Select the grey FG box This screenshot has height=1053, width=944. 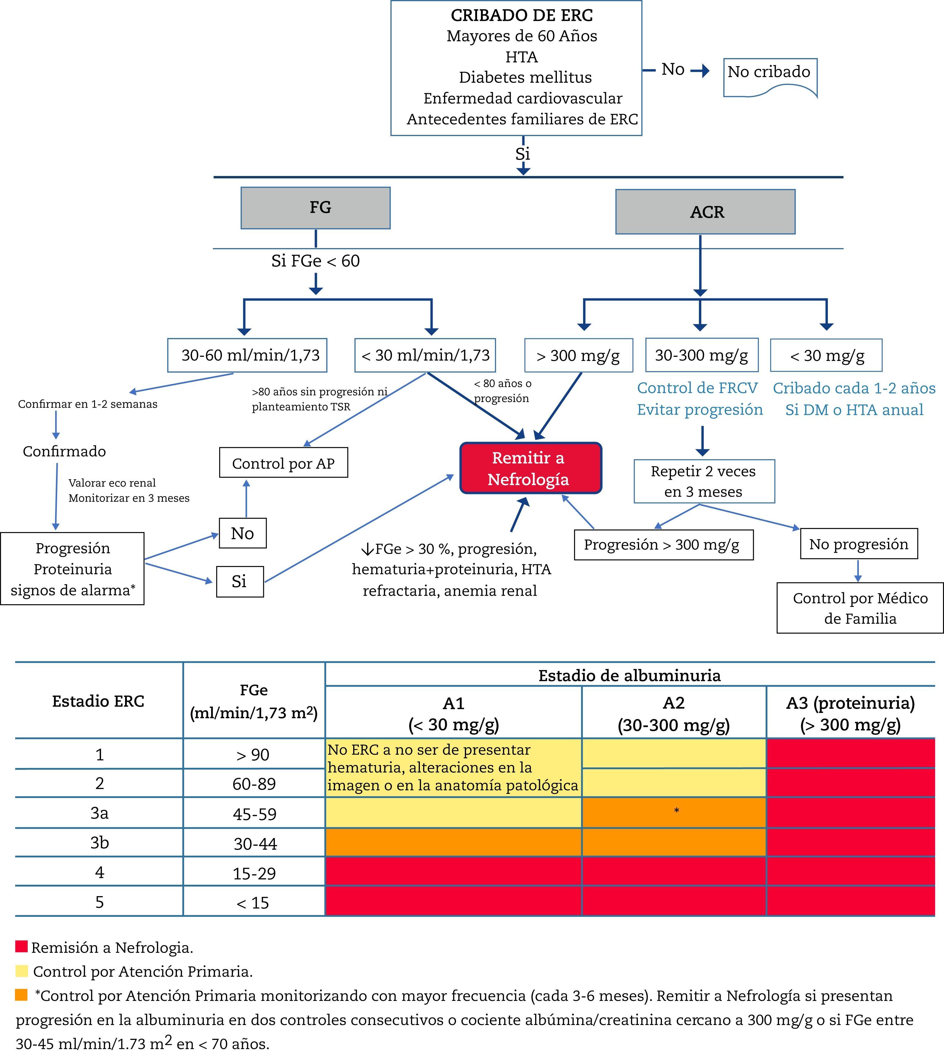(315, 208)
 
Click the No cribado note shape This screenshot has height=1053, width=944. (770, 76)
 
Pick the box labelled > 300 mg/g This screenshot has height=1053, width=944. (578, 355)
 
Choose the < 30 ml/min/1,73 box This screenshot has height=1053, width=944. (425, 355)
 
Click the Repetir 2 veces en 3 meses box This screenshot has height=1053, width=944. (704, 481)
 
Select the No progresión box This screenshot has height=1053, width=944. (859, 543)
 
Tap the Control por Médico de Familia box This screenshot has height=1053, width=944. (859, 608)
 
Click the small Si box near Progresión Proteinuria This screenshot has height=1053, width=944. (240, 582)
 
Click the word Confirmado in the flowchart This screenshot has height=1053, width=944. (64, 451)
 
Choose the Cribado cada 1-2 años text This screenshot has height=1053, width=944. (854, 388)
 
